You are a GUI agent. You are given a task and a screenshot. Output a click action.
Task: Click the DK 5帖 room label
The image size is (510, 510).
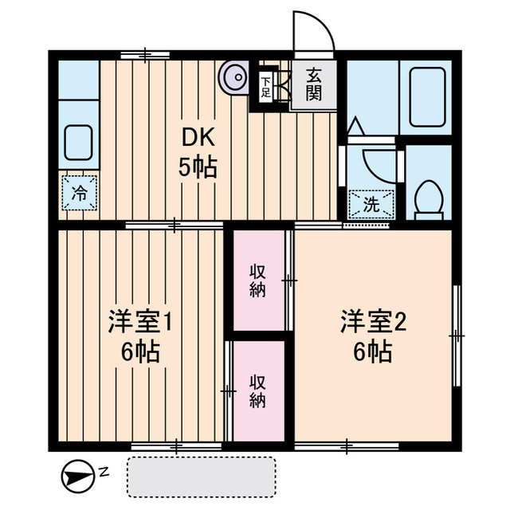pyautogui.click(x=198, y=152)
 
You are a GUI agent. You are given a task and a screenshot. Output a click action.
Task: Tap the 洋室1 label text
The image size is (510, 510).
pyautogui.click(x=140, y=321)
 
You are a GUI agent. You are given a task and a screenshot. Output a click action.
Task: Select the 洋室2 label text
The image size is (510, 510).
pyautogui.click(x=374, y=321)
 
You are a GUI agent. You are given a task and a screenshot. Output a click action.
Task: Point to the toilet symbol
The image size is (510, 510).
pyautogui.click(x=430, y=200)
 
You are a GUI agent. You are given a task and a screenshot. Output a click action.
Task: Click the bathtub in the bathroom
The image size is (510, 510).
pyautogui.click(x=427, y=97)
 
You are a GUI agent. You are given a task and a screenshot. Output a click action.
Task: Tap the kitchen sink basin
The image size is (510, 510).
pyautogui.click(x=78, y=143)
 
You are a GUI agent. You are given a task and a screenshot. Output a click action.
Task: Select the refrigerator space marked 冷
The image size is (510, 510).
pyautogui.click(x=80, y=193)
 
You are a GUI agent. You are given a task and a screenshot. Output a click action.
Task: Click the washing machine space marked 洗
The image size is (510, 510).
pyautogui.click(x=371, y=204)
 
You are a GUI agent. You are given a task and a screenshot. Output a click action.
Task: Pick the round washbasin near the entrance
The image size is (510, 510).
pyautogui.click(x=234, y=78)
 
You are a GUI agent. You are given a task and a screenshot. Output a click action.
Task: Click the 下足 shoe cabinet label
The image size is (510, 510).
pyautogui.click(x=265, y=87)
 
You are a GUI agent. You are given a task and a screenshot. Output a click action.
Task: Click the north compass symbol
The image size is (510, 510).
pyautogui.click(x=77, y=477)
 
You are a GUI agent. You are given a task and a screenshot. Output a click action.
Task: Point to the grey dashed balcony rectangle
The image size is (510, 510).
pyautogui.click(x=202, y=477)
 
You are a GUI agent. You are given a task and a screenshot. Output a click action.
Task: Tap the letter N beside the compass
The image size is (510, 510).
pyautogui.click(x=104, y=471)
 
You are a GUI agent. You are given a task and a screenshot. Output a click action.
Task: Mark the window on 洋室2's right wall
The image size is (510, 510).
pyautogui.click(x=457, y=335)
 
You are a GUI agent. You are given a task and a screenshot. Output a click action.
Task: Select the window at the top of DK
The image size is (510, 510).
pyautogui.click(x=145, y=55)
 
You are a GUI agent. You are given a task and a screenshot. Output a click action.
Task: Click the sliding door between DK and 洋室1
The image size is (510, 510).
pyautogui.click(x=175, y=225)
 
